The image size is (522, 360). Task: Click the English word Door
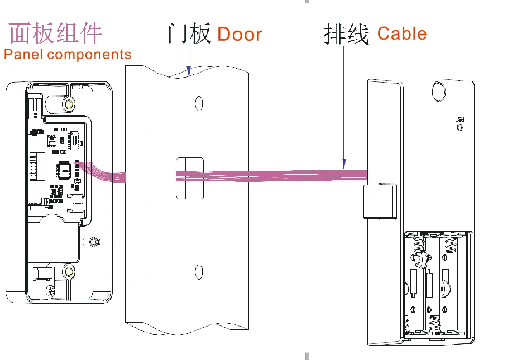point(240,35)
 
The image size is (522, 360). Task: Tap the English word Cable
point(401,33)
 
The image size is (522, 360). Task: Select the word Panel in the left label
point(24,55)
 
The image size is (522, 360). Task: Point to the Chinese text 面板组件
point(56,33)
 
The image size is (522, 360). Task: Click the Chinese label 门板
point(189,33)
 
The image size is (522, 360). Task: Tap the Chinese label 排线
point(346,33)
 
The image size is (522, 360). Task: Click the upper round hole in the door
point(198,103)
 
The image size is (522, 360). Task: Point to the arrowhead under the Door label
point(189,71)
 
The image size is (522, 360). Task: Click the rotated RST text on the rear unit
point(460,119)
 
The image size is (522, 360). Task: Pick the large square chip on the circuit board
point(64,170)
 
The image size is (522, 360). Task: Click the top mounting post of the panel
point(68,103)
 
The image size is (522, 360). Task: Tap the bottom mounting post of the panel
point(68,271)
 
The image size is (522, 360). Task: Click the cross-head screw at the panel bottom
point(51,291)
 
